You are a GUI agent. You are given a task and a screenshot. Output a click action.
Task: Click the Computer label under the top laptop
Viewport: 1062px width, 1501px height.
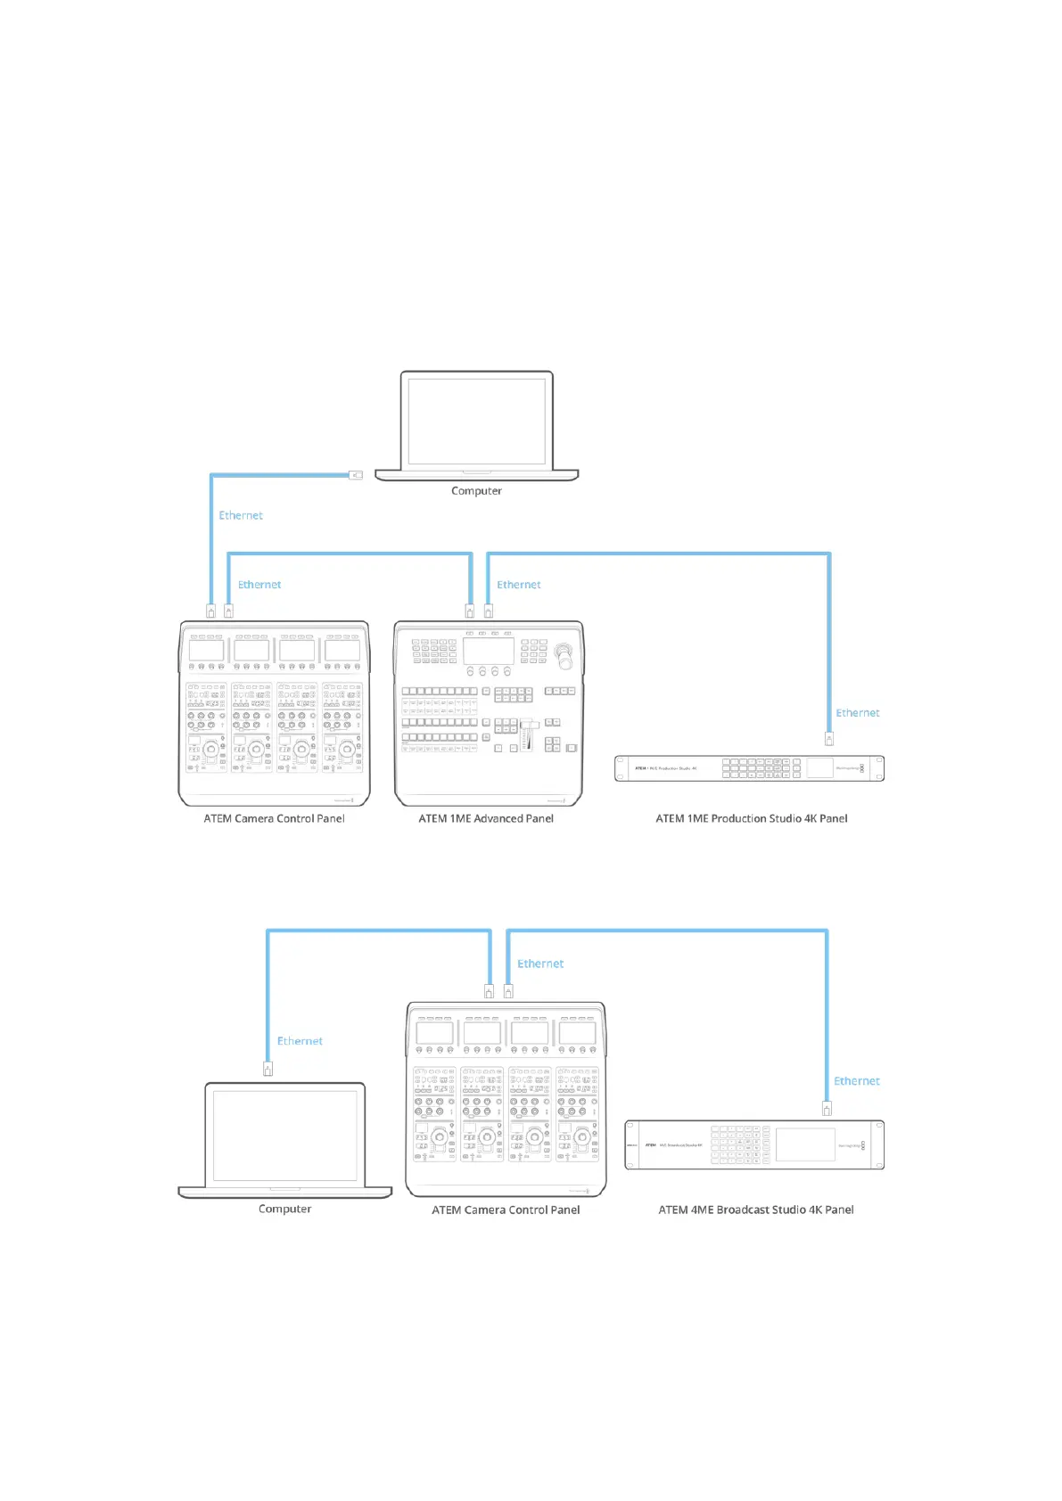(476, 491)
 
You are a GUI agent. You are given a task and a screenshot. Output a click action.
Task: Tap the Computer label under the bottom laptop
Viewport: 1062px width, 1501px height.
(284, 1210)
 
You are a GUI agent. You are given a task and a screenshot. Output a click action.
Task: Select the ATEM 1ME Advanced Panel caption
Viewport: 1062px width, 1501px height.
(486, 818)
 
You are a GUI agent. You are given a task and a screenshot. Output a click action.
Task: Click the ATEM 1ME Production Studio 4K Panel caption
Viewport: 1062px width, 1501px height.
(752, 818)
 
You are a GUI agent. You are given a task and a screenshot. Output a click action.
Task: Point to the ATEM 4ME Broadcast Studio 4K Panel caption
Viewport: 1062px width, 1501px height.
(756, 1210)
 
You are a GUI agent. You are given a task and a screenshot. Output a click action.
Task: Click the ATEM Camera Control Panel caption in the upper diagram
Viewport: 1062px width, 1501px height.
(274, 818)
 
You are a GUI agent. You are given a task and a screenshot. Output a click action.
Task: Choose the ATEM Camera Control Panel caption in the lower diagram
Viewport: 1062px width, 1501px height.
(506, 1210)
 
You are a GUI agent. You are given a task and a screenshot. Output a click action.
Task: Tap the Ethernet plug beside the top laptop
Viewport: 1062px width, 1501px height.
(356, 475)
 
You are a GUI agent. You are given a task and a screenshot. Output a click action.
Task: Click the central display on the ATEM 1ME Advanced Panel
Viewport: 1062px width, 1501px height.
(489, 651)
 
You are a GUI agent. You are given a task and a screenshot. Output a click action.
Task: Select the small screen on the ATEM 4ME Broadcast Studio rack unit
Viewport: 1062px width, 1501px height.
(804, 1145)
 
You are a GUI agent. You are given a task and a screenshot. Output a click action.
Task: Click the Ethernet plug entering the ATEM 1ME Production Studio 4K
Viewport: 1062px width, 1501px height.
(829, 739)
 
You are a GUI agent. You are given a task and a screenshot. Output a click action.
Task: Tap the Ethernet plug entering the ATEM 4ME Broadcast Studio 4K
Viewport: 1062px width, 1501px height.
(827, 1109)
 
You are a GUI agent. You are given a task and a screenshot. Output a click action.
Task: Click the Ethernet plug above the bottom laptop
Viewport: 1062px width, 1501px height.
(268, 1068)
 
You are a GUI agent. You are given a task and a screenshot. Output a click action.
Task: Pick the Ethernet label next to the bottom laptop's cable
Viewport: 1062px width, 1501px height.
(300, 1041)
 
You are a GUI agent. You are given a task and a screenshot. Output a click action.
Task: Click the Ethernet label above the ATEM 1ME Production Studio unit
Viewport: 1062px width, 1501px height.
(857, 713)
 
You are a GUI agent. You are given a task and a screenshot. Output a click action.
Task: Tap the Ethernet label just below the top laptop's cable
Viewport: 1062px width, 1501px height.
(241, 515)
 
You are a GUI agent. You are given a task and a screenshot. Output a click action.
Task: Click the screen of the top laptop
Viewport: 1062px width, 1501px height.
(476, 421)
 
